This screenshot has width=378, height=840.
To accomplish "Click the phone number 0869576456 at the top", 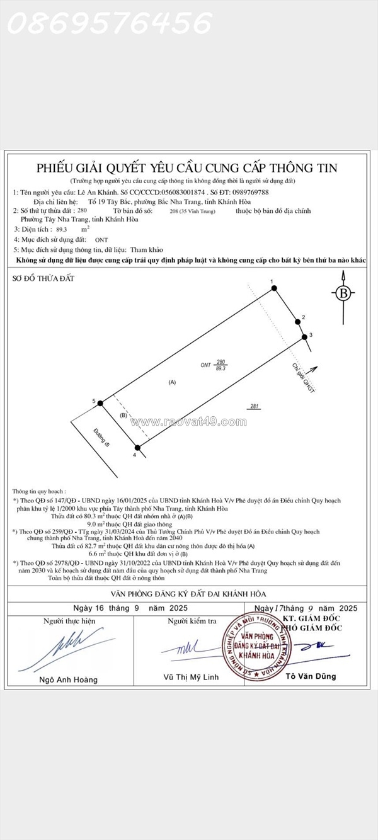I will [x=110, y=24].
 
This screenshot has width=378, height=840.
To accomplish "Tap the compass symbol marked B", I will [x=343, y=293].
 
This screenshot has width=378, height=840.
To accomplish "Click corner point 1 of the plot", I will [x=275, y=288].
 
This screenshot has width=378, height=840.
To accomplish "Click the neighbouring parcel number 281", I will [x=255, y=406].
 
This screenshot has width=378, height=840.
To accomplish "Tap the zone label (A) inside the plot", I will [x=172, y=382].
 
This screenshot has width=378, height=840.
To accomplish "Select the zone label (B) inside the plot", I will [x=124, y=416].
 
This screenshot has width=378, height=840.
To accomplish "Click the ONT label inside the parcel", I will [x=205, y=365].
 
